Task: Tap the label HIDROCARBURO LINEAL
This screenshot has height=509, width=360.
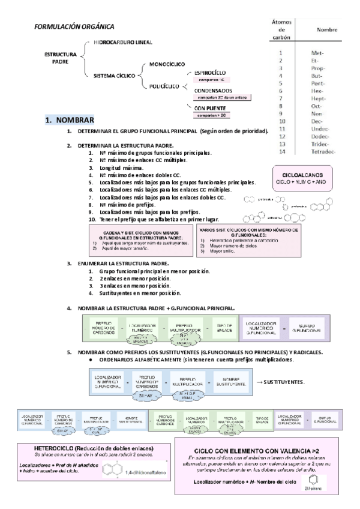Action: click(x=122, y=43)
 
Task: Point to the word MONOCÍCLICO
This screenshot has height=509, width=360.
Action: click(x=167, y=63)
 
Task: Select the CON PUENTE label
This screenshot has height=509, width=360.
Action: click(x=209, y=107)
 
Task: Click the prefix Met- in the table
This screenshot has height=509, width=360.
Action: click(x=318, y=53)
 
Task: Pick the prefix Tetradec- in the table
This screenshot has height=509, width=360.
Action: click(x=324, y=151)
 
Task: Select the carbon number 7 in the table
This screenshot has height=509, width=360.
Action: click(x=280, y=98)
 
